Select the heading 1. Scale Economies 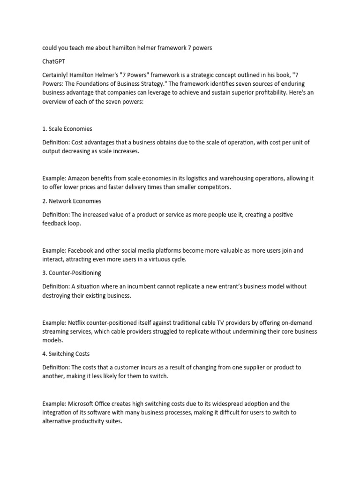[x=67, y=128]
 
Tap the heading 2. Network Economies [x=72, y=201]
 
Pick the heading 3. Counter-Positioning [x=72, y=272]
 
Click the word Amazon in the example [x=80, y=178]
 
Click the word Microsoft [x=83, y=404]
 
